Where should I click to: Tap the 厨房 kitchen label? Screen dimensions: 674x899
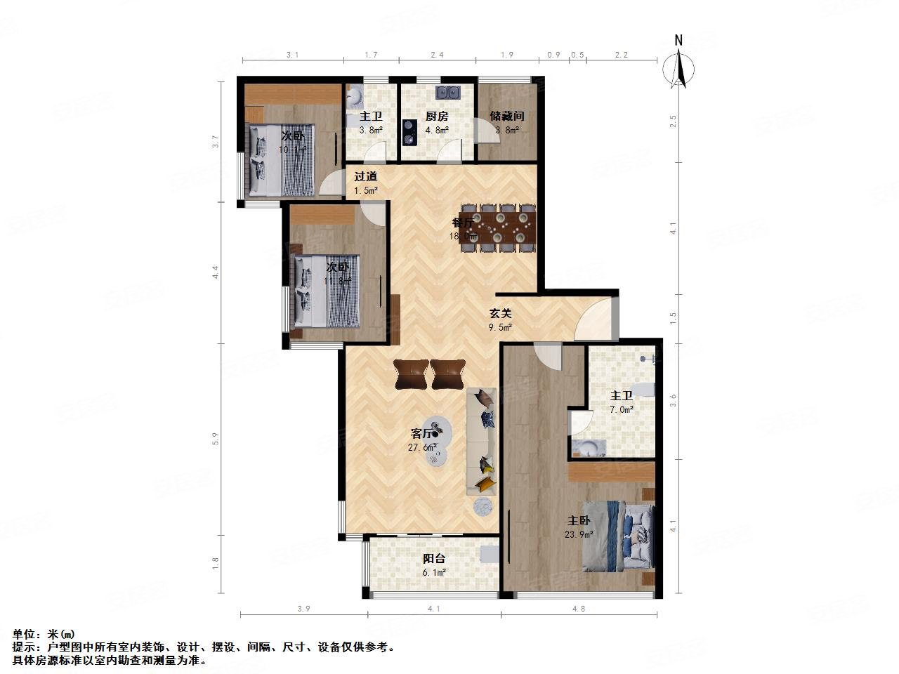[x=437, y=117]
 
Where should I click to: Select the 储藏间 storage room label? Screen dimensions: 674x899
[x=507, y=117]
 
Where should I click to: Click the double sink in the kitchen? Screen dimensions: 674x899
[x=447, y=92]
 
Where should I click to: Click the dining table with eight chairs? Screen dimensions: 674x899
[x=498, y=227]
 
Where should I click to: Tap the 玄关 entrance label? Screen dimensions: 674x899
[x=500, y=314]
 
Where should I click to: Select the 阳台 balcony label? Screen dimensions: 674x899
[x=433, y=559]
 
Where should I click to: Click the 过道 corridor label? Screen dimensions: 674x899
[x=365, y=177]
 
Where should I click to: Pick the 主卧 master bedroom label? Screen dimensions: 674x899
[x=579, y=521]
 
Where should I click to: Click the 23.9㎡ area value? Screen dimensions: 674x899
[x=579, y=534]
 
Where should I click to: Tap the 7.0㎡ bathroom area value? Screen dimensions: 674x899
[x=622, y=409]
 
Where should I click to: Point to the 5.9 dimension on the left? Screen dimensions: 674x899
[x=216, y=439]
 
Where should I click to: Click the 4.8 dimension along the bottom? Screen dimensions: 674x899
[x=579, y=609]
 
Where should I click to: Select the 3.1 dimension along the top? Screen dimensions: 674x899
[x=293, y=55]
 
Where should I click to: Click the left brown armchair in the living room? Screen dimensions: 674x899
[x=411, y=374]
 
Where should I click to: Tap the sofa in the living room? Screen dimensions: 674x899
[x=482, y=441]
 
